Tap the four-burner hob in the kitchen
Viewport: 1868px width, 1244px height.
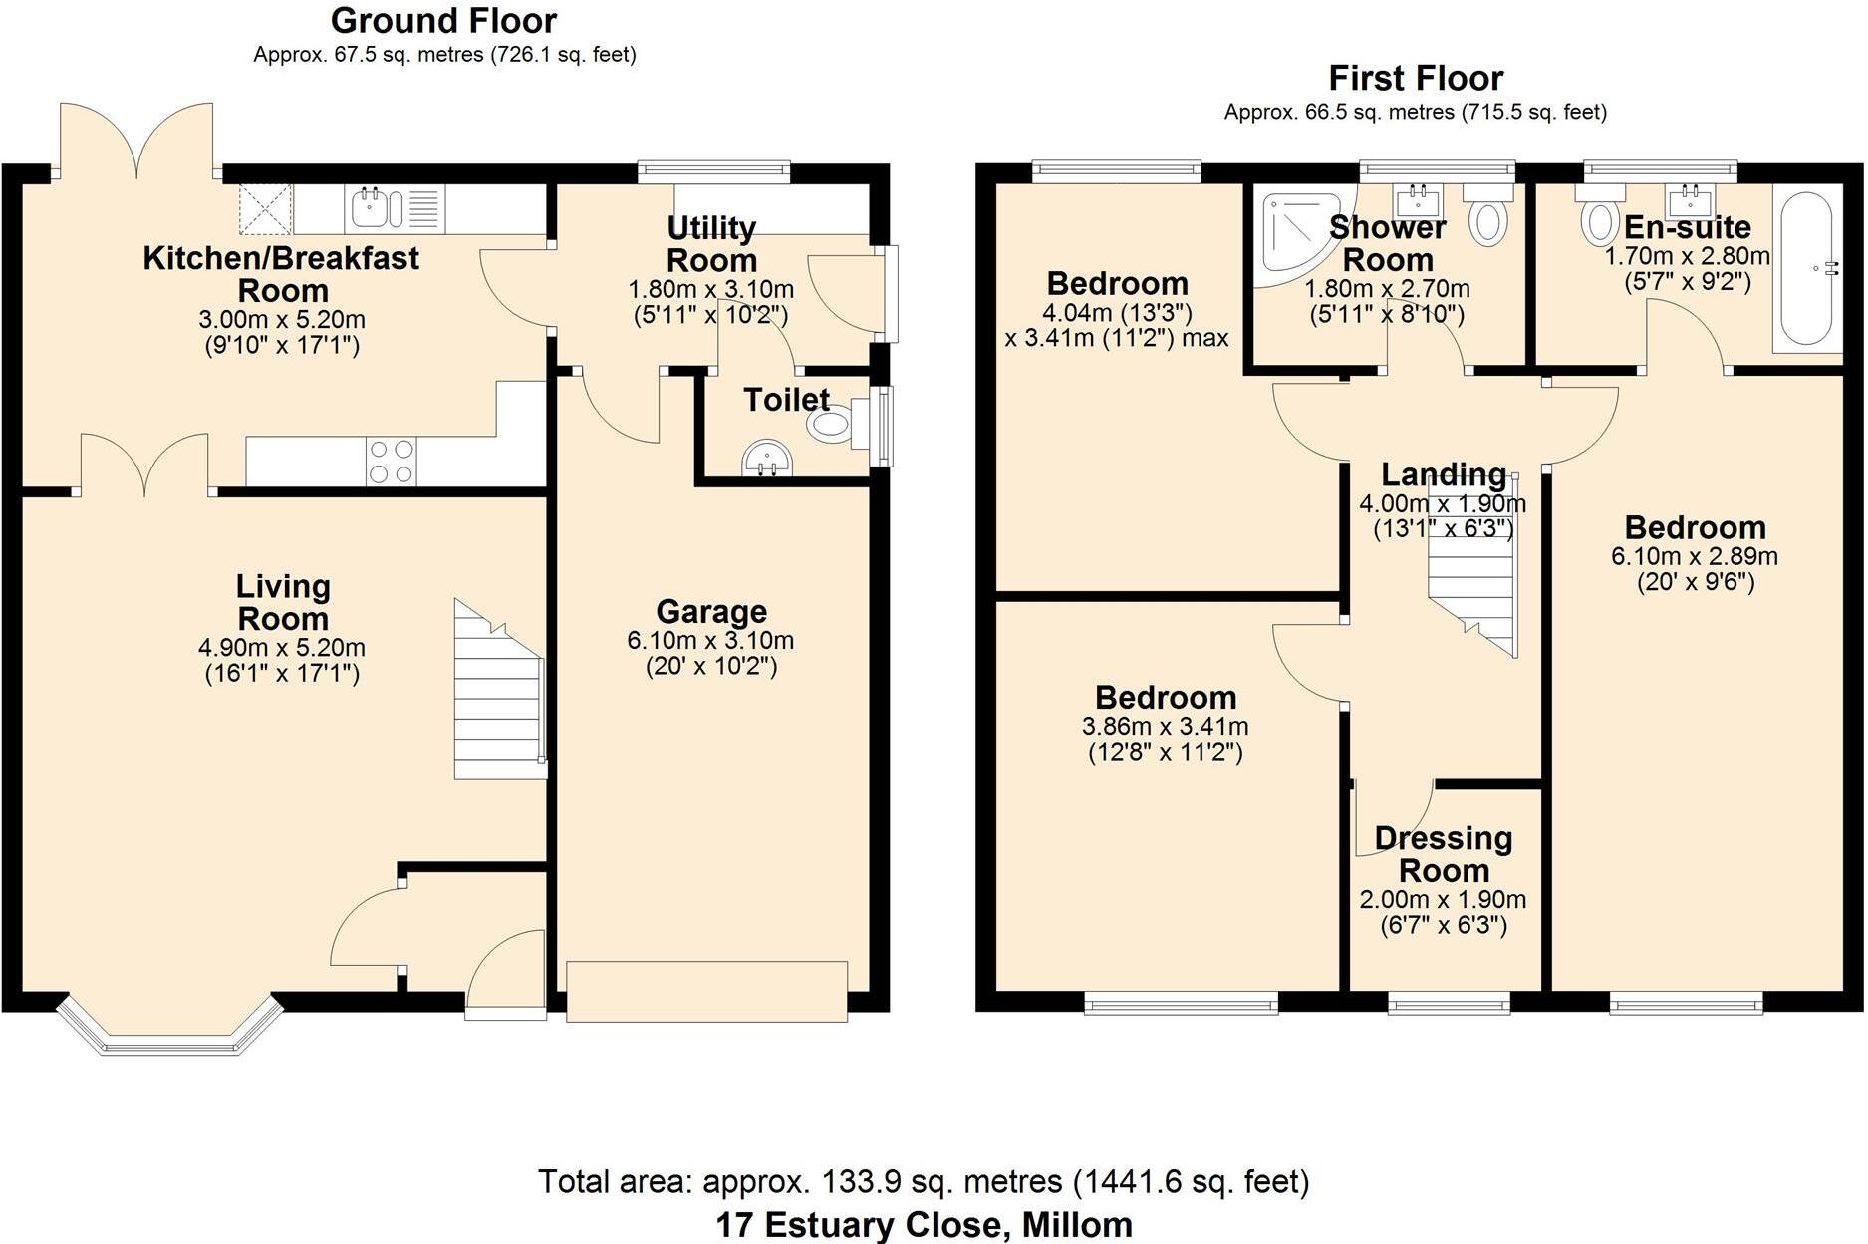pyautogui.click(x=392, y=462)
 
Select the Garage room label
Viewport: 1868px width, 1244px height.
pyautogui.click(x=711, y=611)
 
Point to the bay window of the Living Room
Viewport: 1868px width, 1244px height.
pyautogui.click(x=167, y=1027)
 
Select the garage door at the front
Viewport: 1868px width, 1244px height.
pyautogui.click(x=706, y=991)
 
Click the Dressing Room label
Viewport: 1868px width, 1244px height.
pyautogui.click(x=1443, y=854)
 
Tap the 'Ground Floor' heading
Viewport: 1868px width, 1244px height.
pyautogui.click(x=443, y=20)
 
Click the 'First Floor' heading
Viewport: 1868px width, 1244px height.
pyautogui.click(x=1415, y=78)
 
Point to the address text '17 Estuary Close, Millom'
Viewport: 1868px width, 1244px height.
pyautogui.click(x=924, y=1224)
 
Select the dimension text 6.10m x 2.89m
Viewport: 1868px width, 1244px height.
pyautogui.click(x=1694, y=556)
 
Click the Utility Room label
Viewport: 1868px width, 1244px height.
pyautogui.click(x=711, y=244)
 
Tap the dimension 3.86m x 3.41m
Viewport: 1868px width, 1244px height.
pyautogui.click(x=1165, y=727)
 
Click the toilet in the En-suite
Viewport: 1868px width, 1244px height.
pyautogui.click(x=1598, y=219)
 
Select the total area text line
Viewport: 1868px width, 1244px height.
pyautogui.click(x=924, y=1182)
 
